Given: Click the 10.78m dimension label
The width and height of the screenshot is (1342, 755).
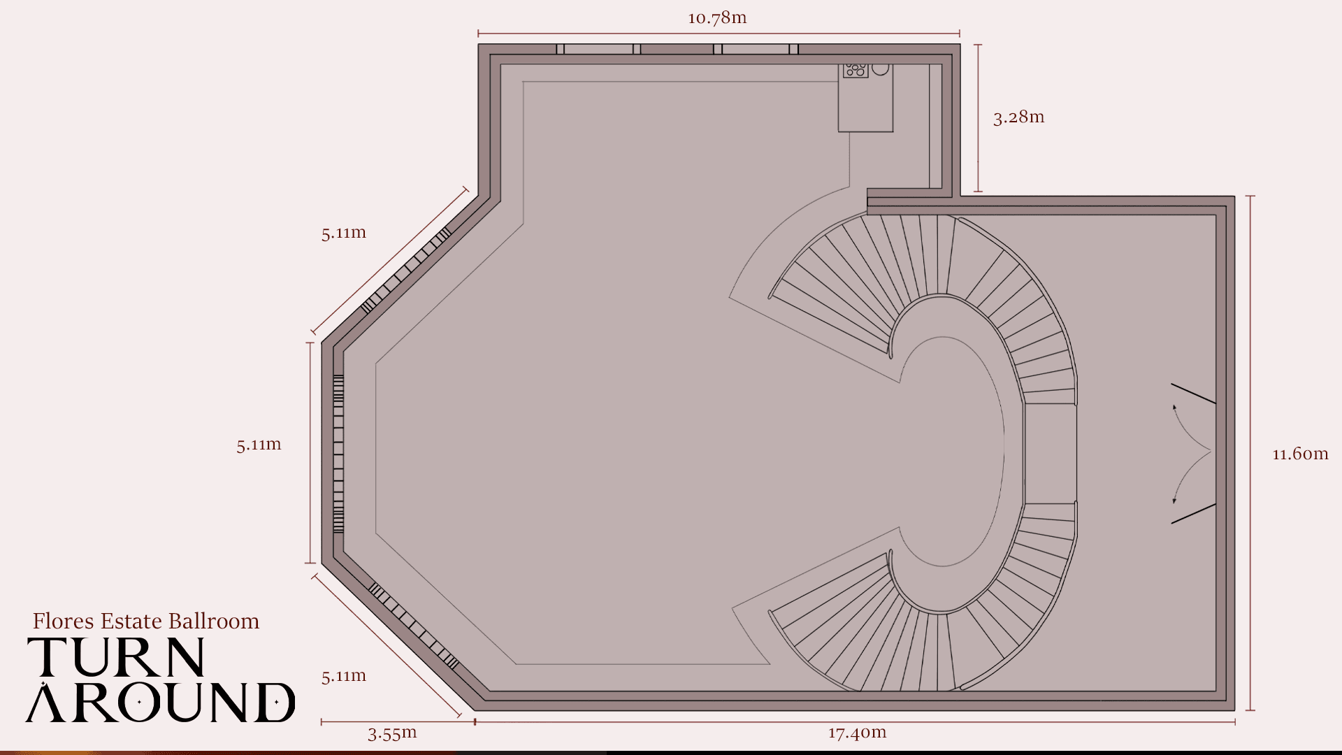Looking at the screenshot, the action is coord(717,17).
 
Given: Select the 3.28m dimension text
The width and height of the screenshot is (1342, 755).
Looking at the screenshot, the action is coord(1018,117).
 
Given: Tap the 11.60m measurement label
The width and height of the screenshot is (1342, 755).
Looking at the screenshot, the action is coord(1300,454).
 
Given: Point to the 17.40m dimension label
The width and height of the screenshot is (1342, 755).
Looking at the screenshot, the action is coord(857,733).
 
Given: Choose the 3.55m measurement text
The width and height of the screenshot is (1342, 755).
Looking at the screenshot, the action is coord(392,733).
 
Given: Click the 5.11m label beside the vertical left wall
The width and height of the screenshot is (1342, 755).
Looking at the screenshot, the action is coord(259,445).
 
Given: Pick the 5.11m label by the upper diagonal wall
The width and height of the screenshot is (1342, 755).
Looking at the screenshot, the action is coord(344,233).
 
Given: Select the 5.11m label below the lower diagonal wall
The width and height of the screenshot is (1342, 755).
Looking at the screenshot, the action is coord(344,676).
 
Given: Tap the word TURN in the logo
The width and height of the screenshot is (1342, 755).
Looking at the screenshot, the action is coord(116,657).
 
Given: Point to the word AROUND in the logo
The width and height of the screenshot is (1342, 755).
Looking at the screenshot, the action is coord(161,702).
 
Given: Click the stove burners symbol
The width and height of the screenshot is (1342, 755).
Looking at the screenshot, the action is coord(856,70).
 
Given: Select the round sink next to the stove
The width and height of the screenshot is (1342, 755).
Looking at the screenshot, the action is coord(881,69).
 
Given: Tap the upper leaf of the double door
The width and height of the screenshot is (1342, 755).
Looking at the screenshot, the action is coord(1194,394).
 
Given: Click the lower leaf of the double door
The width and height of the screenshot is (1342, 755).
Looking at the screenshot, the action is coord(1194,514).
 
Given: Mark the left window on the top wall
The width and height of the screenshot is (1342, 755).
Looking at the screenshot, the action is coord(599,49).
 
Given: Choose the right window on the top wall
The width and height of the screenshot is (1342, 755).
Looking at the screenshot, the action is coord(756,49).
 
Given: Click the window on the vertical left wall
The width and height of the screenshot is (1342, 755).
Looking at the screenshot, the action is coord(338,454).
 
